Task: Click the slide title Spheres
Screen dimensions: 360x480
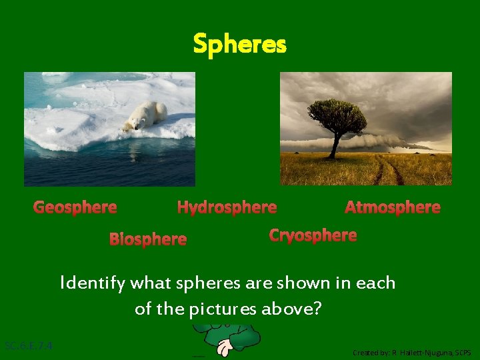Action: [239, 45]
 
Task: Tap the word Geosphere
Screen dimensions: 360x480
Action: [75, 207]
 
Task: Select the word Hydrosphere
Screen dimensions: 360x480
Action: [227, 207]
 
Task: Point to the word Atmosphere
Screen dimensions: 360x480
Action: [393, 207]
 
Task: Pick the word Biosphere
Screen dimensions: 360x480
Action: [148, 239]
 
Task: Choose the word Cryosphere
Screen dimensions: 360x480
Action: [313, 235]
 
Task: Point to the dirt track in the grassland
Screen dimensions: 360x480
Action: [387, 172]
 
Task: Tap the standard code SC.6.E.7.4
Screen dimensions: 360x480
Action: [29, 346]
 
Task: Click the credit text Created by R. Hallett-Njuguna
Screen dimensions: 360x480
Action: [412, 352]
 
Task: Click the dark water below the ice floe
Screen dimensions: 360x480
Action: [100, 167]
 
